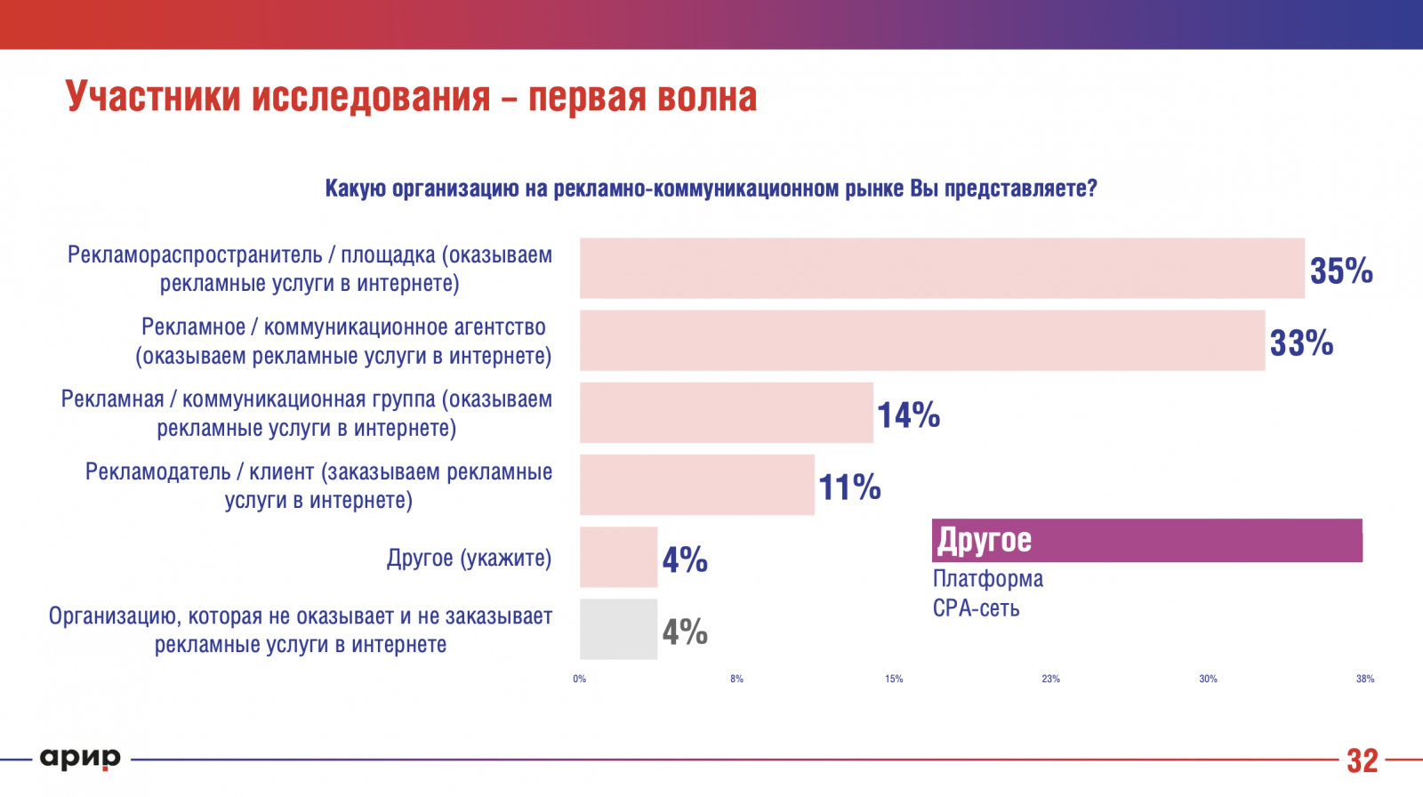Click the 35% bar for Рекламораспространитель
(x=942, y=268)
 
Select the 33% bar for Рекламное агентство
(x=922, y=340)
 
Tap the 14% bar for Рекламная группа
(x=727, y=413)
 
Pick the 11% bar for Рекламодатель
(x=697, y=485)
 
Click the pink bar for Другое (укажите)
(x=618, y=557)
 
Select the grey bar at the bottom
(x=618, y=629)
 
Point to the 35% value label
(x=1341, y=270)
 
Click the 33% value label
(x=1301, y=342)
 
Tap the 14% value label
(x=908, y=415)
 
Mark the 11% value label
(x=849, y=487)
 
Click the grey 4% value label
(x=685, y=632)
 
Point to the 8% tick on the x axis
(x=737, y=679)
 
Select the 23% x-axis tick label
(x=1051, y=679)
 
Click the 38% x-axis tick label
(x=1365, y=679)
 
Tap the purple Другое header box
(x=1146, y=540)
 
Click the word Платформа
(x=988, y=579)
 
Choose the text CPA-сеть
(x=976, y=608)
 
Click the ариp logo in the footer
(x=80, y=759)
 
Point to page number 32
(x=1362, y=761)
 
